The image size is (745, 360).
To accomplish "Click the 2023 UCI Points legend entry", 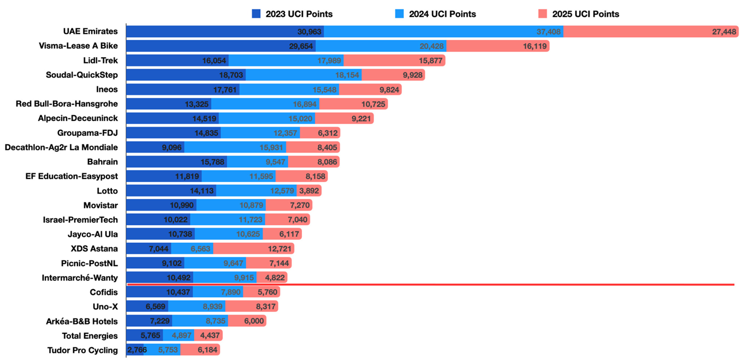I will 292,14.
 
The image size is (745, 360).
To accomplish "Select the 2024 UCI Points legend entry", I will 435,14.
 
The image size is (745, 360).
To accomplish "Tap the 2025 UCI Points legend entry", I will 579,14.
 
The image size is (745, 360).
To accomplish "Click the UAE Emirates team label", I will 90,32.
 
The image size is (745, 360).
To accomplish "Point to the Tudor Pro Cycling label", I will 82,350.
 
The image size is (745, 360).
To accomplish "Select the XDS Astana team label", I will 94,249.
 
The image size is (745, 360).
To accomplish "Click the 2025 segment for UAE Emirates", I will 649,32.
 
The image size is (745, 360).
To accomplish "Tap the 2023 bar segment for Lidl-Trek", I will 177,61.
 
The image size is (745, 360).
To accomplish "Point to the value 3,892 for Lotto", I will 309,191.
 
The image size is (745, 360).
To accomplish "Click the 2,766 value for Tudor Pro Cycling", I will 136,350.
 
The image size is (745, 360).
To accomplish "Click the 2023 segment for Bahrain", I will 176,162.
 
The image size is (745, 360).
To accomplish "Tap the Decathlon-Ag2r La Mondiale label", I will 61,147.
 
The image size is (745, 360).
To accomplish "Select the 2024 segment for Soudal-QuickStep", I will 303,75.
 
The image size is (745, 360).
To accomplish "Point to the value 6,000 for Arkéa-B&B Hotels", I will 253,321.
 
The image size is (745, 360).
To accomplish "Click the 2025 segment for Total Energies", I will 208,335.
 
